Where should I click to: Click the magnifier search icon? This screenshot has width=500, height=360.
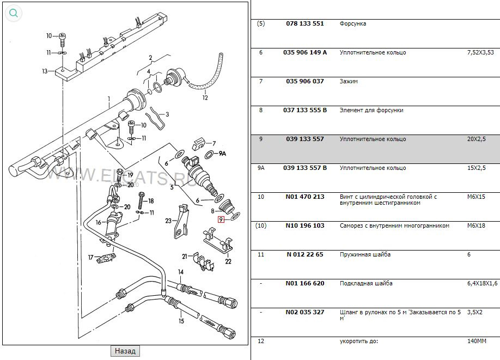coord(14,14)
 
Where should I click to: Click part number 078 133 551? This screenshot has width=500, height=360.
coord(304,24)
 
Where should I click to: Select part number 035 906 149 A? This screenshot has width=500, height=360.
coord(305,53)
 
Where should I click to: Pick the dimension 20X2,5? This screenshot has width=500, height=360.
coord(477,139)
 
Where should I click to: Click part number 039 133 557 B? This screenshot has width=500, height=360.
coord(305,168)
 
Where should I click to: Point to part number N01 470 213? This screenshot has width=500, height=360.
coord(304,197)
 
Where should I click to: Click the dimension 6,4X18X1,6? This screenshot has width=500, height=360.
coord(482,284)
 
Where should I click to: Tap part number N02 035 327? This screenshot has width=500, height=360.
coord(304,313)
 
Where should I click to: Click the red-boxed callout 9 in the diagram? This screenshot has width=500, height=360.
coord(221,220)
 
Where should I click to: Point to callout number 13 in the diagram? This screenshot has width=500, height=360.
coord(45,71)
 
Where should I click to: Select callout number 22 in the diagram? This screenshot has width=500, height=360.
coord(228,261)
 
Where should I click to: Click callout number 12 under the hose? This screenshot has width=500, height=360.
coord(205,98)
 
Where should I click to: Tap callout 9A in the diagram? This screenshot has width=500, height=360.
coord(222,154)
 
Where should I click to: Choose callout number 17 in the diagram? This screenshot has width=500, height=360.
coord(91,257)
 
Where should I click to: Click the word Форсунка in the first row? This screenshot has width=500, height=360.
coord(353,24)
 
